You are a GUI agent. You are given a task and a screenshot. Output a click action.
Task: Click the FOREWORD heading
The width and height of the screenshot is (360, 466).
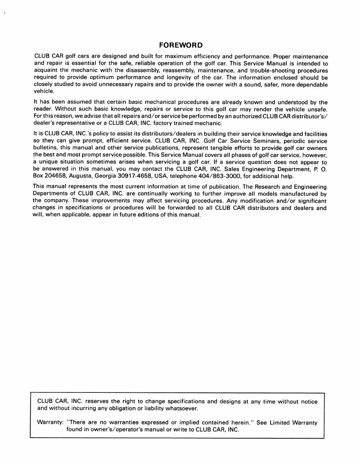(181, 45)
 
